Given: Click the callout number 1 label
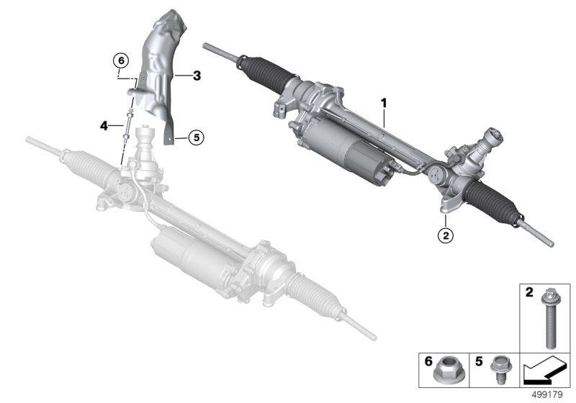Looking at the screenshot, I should pyautogui.click(x=384, y=104).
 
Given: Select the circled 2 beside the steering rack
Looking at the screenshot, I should pyautogui.click(x=446, y=235).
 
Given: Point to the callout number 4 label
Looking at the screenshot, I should pyautogui.click(x=104, y=125).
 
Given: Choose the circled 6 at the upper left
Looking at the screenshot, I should pyautogui.click(x=120, y=59).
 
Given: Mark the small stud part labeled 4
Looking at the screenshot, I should pyautogui.click(x=127, y=125).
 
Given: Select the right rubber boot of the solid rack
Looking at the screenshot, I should pyautogui.click(x=490, y=198).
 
